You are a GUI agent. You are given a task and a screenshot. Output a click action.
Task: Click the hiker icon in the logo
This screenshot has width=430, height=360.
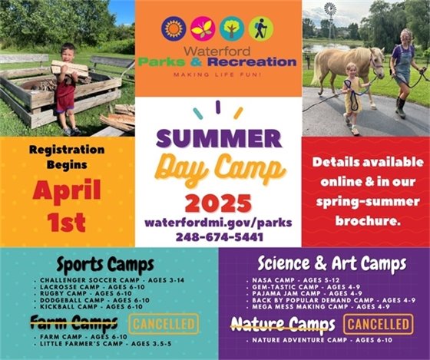click(x=260, y=29)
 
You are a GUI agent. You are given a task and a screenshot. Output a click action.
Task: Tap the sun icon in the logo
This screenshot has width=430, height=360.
click(x=174, y=29)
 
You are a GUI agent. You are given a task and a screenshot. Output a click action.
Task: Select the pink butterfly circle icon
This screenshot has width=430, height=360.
click(x=203, y=29)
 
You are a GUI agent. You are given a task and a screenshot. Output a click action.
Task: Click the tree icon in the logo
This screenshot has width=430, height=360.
click(x=231, y=29)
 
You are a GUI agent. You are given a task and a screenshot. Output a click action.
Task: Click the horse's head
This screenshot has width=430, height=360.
click(x=376, y=61)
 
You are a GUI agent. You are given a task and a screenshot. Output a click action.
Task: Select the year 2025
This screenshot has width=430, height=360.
click(x=217, y=203)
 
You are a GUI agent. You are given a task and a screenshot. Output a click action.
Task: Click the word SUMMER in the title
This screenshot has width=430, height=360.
click(x=217, y=140)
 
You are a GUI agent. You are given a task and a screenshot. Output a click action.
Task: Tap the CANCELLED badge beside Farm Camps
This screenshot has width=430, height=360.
click(x=164, y=323)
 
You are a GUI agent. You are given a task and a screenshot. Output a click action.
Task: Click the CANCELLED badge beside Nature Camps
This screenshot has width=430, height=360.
click(x=378, y=323)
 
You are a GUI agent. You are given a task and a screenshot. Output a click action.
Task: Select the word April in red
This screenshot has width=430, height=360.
click(x=67, y=189)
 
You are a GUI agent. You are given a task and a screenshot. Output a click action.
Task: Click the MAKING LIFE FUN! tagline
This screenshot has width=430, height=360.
click(x=218, y=75)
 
